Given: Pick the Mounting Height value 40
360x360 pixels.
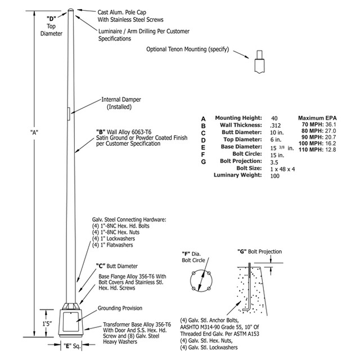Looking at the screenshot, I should pyautogui.click(x=274, y=118).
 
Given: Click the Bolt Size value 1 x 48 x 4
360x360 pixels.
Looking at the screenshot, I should pyautogui.click(x=283, y=169).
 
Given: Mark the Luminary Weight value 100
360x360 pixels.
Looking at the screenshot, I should pyautogui.click(x=275, y=176).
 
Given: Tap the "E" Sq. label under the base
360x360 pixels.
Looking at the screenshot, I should pyautogui.click(x=70, y=346).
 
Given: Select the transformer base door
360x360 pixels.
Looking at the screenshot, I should pyautogui.click(x=72, y=323).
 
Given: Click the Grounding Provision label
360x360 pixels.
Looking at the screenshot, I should pyautogui.click(x=120, y=309).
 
